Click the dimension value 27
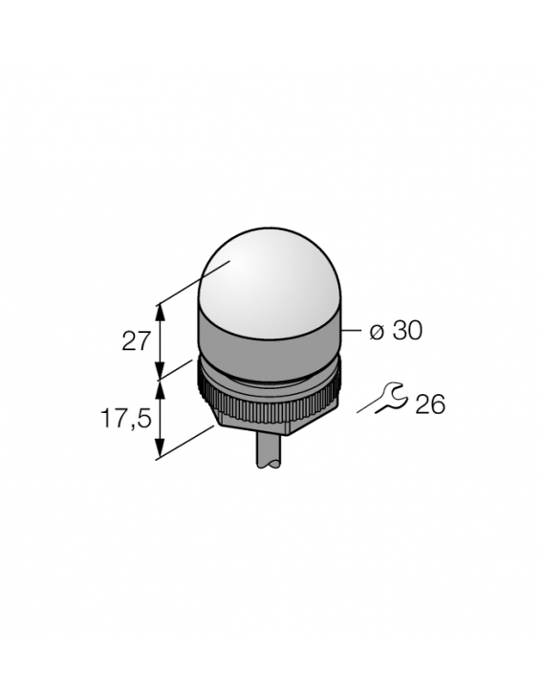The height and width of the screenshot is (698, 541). [x=138, y=340]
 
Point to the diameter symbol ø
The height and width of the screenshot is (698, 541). [x=377, y=331]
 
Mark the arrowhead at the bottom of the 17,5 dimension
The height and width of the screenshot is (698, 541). [x=161, y=451]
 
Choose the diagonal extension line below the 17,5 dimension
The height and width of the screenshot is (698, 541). [x=186, y=442]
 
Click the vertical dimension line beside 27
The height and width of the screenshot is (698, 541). [x=161, y=340]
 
